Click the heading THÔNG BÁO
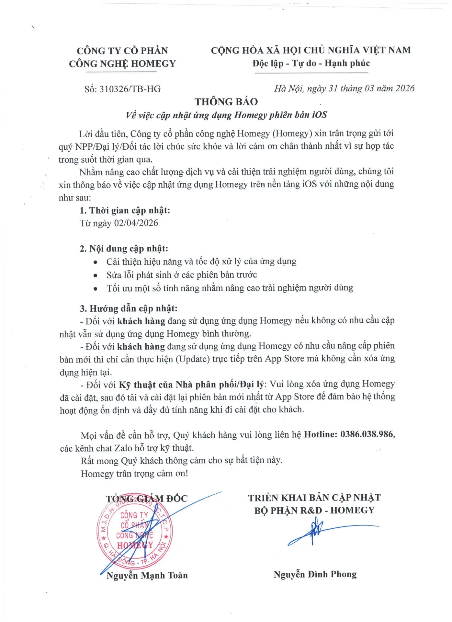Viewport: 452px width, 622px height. click(226, 102)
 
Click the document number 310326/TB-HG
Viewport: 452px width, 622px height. click(130, 89)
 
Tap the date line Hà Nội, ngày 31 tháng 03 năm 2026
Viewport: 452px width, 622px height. click(344, 88)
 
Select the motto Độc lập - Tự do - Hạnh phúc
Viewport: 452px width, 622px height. click(311, 63)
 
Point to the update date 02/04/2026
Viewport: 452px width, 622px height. click(136, 223)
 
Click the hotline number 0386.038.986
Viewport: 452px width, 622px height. click(367, 434)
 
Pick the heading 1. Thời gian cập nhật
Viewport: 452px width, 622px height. click(125, 211)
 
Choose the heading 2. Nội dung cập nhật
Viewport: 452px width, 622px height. click(124, 249)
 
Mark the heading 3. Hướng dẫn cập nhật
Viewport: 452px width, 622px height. click(129, 308)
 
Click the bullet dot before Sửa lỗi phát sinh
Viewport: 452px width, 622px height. click(95, 276)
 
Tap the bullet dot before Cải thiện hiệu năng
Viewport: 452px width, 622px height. click(95, 262)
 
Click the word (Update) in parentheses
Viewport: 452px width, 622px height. click(193, 359)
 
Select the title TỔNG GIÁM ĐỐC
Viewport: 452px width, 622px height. click(147, 499)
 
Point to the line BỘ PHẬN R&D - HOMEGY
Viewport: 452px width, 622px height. click(314, 511)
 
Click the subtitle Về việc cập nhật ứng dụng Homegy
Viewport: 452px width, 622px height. click(226, 115)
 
